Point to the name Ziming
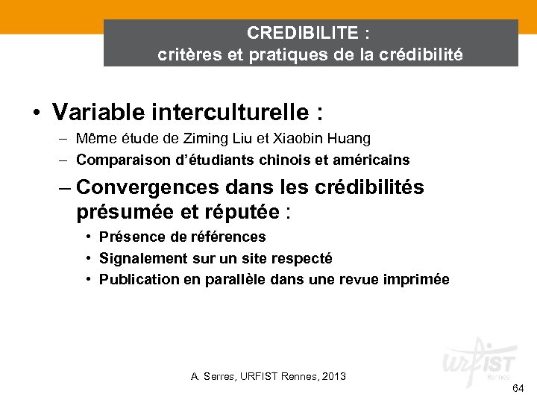[x=220, y=139]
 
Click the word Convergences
[x=142, y=187]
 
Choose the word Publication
[x=136, y=280]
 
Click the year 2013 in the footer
[x=332, y=376]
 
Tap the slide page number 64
[x=518, y=390]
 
